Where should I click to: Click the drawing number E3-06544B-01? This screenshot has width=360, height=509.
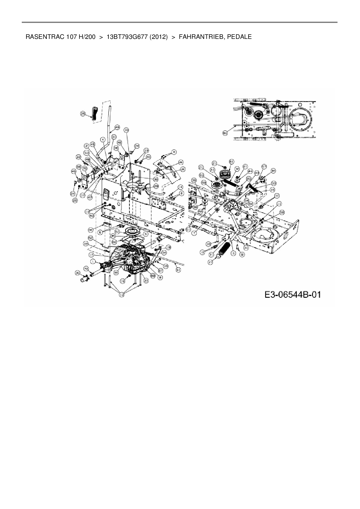[x=292, y=295]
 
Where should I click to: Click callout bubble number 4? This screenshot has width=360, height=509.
[x=102, y=140]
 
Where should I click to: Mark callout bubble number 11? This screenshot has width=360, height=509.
[x=279, y=204]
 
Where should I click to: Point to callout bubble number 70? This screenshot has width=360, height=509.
[x=85, y=168]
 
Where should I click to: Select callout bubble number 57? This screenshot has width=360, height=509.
[x=264, y=167]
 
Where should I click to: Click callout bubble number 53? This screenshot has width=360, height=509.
[x=86, y=152]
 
